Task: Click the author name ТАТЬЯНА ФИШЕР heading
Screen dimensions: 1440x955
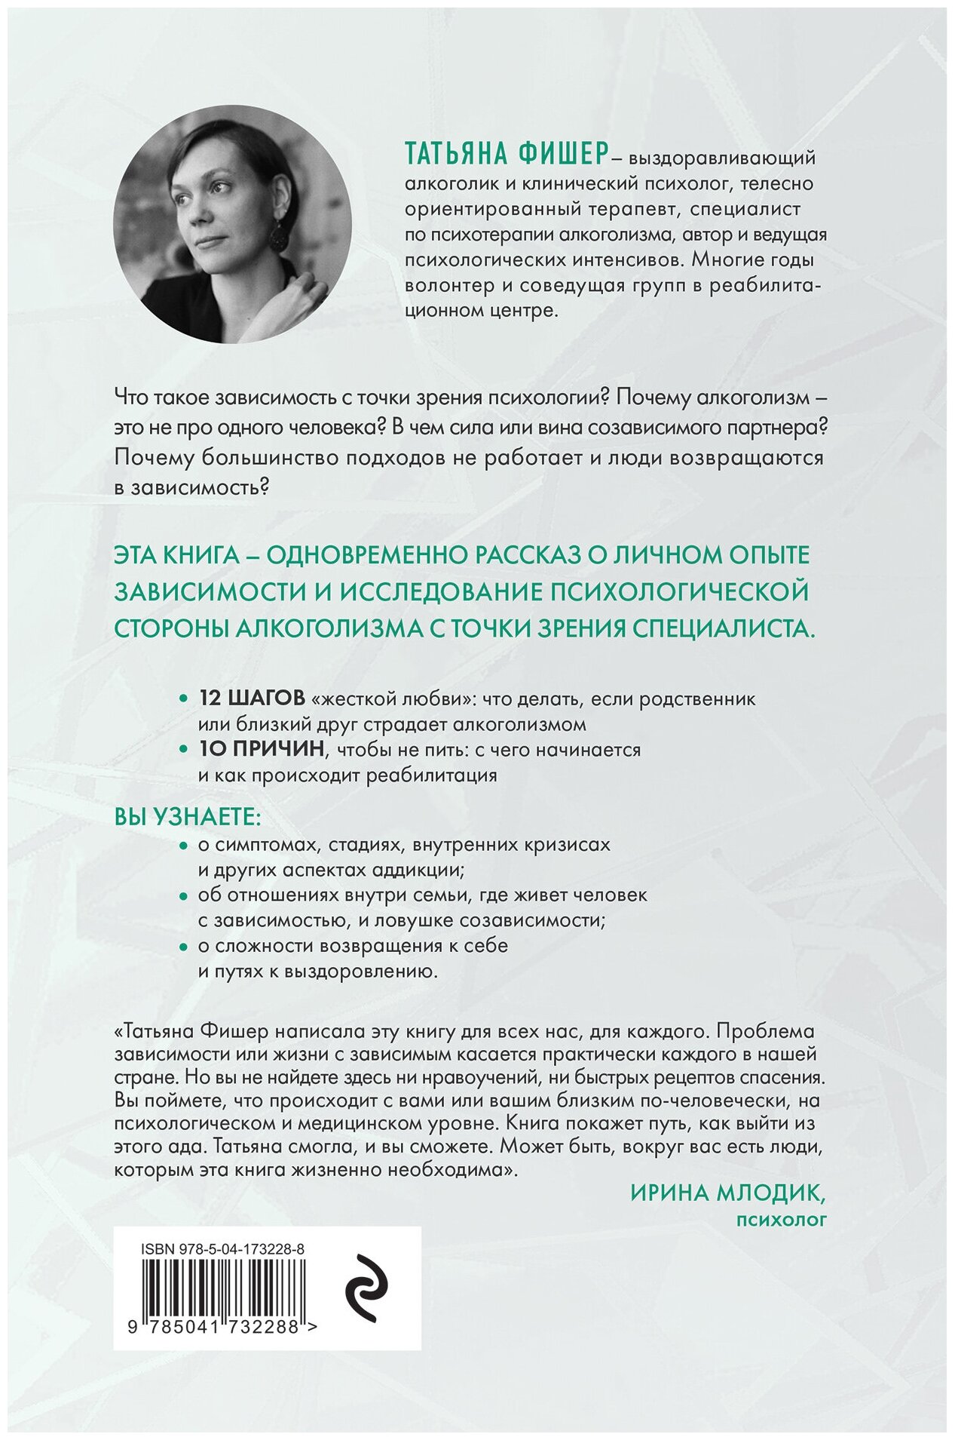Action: pos(505,154)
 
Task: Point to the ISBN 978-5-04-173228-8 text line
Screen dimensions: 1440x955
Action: pos(222,1250)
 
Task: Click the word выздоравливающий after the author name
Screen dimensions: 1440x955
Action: pos(721,158)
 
